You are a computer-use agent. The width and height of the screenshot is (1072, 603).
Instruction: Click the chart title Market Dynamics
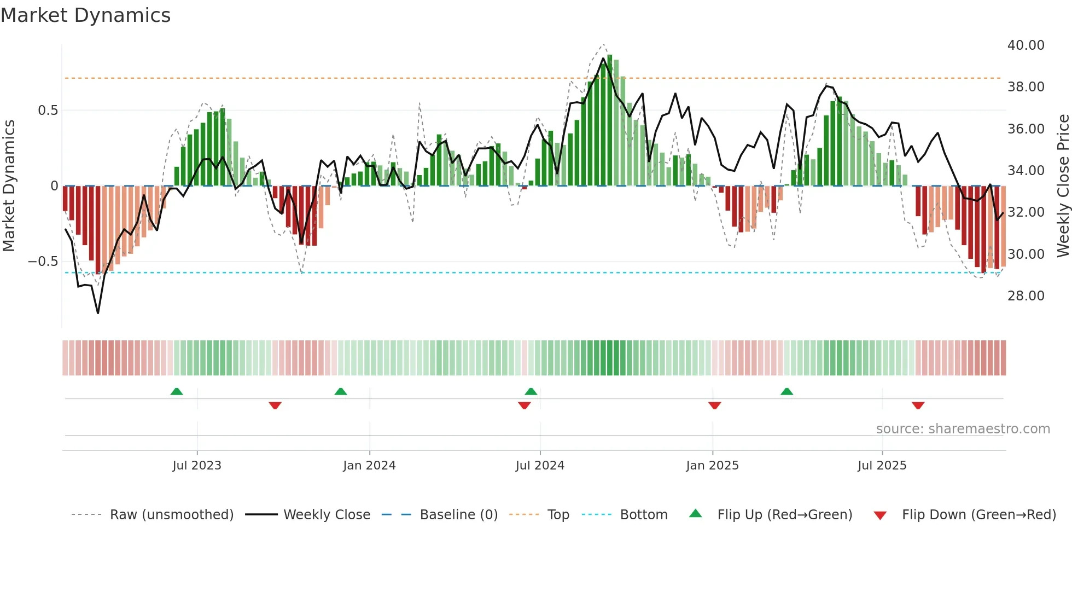85,15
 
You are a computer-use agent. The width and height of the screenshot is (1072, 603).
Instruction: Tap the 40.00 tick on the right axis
1026,45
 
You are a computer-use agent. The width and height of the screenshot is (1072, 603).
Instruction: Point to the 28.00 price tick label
1026,296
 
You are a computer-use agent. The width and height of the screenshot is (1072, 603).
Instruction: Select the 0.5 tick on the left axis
48,111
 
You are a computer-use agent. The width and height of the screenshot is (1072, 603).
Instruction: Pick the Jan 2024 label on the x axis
369,466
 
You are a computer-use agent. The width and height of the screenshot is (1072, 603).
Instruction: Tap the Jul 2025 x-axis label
882,466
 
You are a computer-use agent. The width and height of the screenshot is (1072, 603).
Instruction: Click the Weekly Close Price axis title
1063,185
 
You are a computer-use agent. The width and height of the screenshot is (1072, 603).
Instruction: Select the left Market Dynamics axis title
9,185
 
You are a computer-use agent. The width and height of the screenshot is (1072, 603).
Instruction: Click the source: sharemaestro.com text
963,429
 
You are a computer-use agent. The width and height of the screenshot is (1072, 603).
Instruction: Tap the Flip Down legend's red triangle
880,515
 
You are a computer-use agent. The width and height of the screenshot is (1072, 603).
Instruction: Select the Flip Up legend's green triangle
695,514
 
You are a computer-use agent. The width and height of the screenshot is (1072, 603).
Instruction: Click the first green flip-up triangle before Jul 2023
177,392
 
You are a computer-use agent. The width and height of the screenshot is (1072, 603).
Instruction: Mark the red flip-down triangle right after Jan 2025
714,405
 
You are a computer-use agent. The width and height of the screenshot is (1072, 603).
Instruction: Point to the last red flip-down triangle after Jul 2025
918,405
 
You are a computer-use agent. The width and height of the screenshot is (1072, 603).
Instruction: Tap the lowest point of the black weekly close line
98,313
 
